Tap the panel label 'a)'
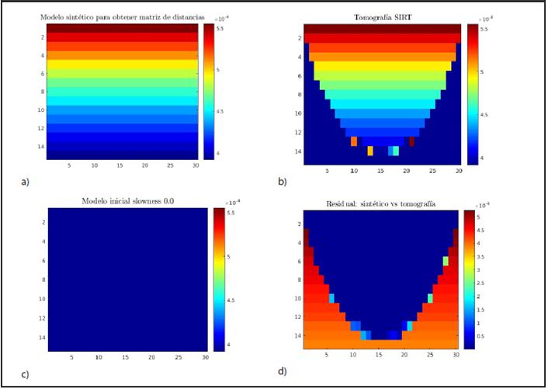click(25, 182)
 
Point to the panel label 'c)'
click(25, 374)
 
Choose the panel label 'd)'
click(282, 371)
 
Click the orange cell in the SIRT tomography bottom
click(354, 141)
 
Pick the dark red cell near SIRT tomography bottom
click(411, 141)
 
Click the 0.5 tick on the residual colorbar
click(480, 337)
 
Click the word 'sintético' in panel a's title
click(101, 17)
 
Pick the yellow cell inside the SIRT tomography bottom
click(369, 151)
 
